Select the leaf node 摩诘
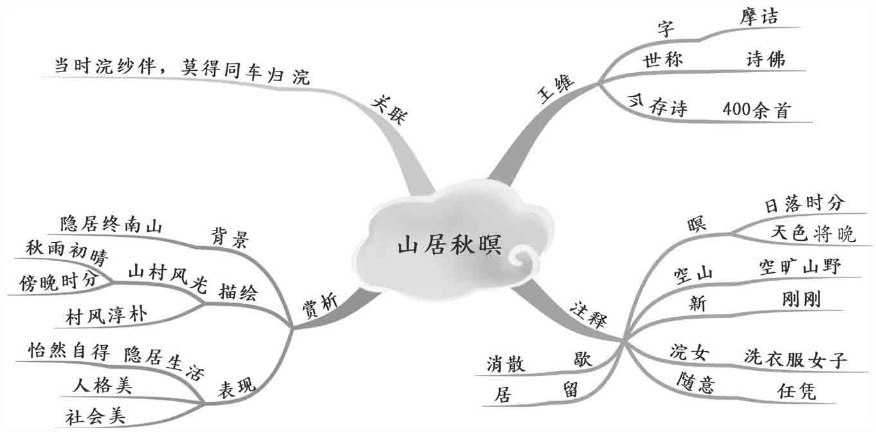tap(758, 17)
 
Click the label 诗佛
tap(765, 60)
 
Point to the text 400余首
tap(755, 109)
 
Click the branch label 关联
tap(390, 111)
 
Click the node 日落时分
tap(803, 204)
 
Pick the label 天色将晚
tap(813, 234)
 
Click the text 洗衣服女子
tap(795, 358)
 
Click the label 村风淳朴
tap(106, 315)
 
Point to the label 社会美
tap(95, 415)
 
